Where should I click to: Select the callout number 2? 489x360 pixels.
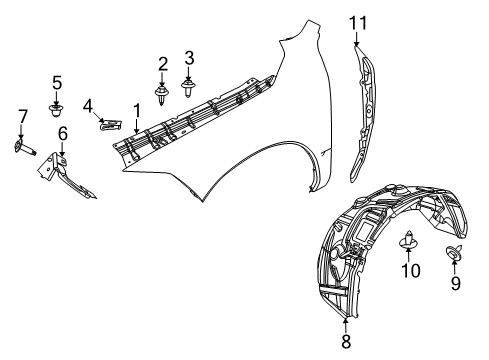(161, 65)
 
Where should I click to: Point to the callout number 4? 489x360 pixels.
(88, 106)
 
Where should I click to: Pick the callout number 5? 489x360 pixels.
(57, 82)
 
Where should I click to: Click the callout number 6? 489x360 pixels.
(62, 132)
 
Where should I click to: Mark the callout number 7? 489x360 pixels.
(20, 122)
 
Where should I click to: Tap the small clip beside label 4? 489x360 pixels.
(111, 125)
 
